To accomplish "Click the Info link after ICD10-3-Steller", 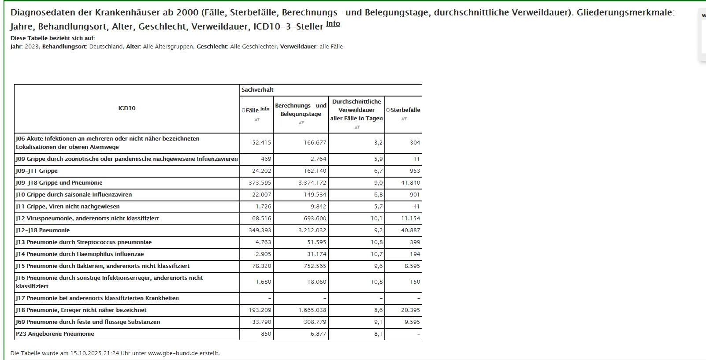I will tap(333, 24).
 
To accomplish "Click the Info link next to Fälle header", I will tap(264, 109).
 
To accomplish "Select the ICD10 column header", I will tap(127, 108).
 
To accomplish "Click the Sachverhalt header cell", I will tap(257, 90).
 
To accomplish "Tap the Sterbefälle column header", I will tap(405, 110).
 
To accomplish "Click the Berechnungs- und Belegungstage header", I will tap(301, 110).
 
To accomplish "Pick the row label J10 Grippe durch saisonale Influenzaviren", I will tap(74, 195).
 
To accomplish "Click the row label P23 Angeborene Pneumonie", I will tap(55, 334).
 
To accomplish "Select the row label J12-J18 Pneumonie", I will tap(43, 230).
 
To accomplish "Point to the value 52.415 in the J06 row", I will tap(262, 143).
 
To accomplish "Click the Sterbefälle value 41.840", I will tap(410, 183).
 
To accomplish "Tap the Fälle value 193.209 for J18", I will tap(260, 310).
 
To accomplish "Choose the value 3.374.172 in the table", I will tap(312, 183).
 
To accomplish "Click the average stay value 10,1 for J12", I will tap(376, 219).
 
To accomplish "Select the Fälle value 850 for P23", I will tap(266, 334).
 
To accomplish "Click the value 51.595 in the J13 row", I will tap(316, 242).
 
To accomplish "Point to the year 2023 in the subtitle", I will tap(32, 47).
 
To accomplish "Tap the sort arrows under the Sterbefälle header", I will tap(404, 119).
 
